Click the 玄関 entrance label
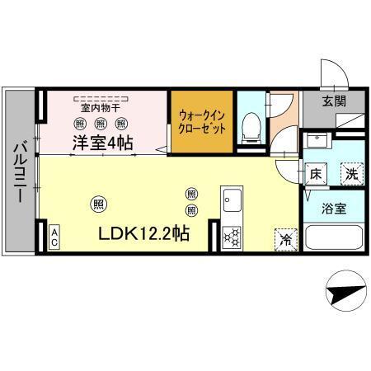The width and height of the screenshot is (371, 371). (x=334, y=101)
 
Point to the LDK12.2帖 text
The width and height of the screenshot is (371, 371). (x=145, y=233)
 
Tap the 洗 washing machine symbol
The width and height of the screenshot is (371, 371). (x=351, y=174)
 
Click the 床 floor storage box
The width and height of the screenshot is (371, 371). (x=316, y=174)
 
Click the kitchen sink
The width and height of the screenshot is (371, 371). (x=232, y=201)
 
